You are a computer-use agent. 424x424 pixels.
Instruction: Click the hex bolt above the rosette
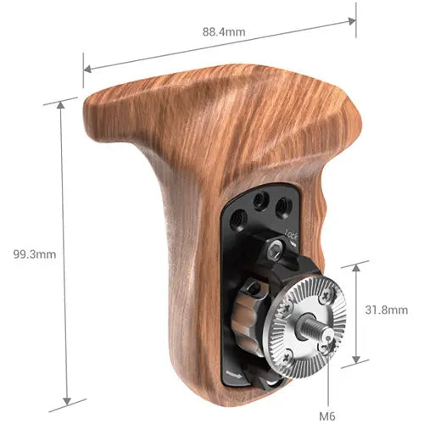(276, 248)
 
